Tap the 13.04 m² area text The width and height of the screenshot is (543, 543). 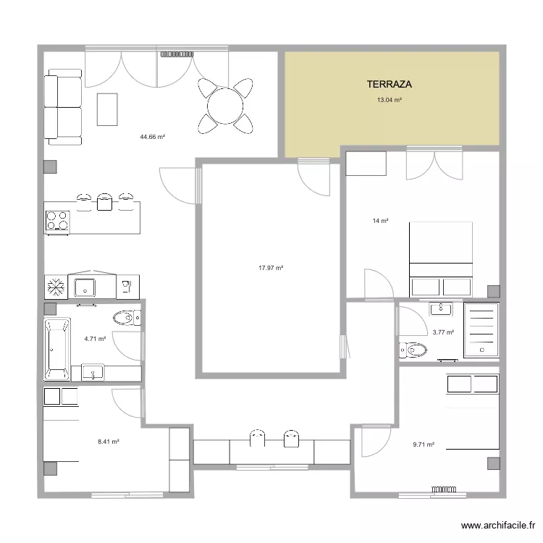(389, 101)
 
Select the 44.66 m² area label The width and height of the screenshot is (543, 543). (153, 136)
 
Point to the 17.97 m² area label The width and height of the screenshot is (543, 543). (270, 268)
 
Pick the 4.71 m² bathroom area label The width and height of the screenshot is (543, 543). (95, 338)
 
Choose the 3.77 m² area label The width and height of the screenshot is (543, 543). (442, 332)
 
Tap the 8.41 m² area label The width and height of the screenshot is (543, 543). (109, 441)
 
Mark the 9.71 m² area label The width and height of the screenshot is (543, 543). (424, 445)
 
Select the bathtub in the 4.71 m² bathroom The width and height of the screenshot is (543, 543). (56, 348)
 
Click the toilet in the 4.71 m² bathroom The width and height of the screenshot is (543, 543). (126, 317)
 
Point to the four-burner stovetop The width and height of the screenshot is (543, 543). (56, 220)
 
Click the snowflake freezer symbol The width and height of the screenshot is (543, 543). (56, 286)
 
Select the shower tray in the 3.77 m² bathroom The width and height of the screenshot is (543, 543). (480, 330)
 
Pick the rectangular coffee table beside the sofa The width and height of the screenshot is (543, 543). (107, 109)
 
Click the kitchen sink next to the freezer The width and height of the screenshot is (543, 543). (85, 286)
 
